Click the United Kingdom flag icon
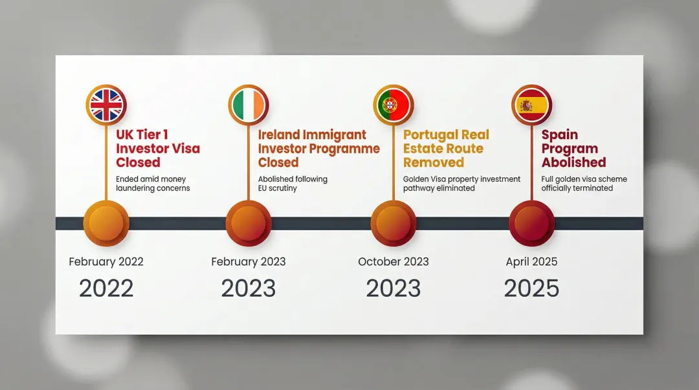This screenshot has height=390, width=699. (106, 104)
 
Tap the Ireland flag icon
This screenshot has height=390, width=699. (248, 104)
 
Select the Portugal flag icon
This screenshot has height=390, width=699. (393, 104)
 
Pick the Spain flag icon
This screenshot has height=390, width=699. (531, 104)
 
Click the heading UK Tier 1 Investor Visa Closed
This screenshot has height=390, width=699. (158, 149)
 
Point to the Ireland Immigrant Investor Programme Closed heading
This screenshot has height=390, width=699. (318, 149)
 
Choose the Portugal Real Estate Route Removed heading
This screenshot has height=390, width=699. (446, 149)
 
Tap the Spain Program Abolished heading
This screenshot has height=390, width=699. (573, 149)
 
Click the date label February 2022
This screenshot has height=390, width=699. (106, 262)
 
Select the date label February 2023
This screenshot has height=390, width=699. (248, 262)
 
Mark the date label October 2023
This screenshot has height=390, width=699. (393, 262)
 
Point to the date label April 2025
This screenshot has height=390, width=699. (531, 262)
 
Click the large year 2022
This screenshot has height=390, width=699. (106, 288)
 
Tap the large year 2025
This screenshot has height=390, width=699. (531, 288)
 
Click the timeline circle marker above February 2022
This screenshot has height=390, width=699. (106, 223)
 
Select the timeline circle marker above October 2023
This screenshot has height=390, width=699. (393, 223)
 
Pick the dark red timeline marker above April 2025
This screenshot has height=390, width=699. (531, 223)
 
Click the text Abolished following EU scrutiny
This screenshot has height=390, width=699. (293, 184)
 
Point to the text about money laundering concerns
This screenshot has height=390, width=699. (153, 184)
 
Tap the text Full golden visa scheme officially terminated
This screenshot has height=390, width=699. (584, 184)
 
